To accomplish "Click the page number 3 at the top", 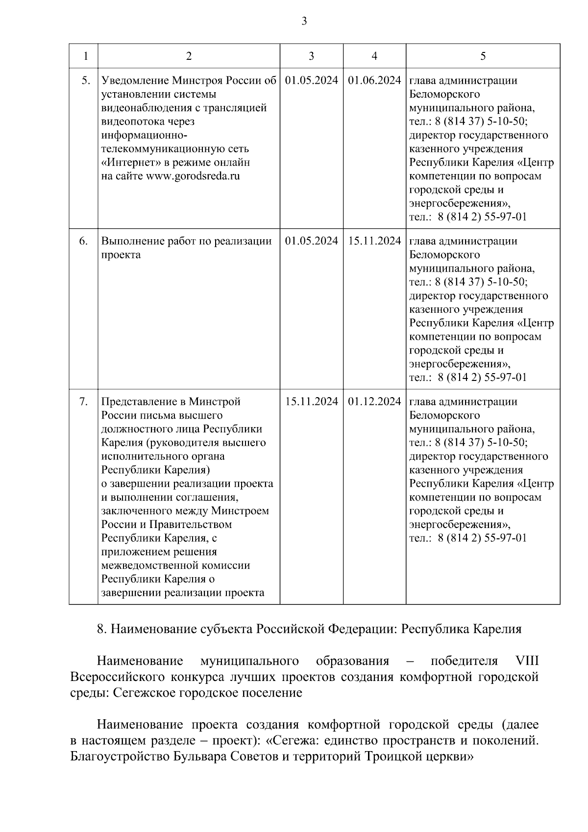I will (304, 21).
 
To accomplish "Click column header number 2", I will (189, 56).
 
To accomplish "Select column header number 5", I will (483, 56).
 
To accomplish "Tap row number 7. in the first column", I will (84, 402).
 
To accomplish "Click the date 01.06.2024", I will (374, 80).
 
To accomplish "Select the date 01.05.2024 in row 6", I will (311, 241).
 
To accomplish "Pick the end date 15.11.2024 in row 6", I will (374, 241).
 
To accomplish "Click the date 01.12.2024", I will (374, 402).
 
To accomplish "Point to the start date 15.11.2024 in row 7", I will (311, 402).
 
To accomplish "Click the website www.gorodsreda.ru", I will (193, 176).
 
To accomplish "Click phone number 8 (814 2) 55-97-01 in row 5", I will (483, 217).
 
